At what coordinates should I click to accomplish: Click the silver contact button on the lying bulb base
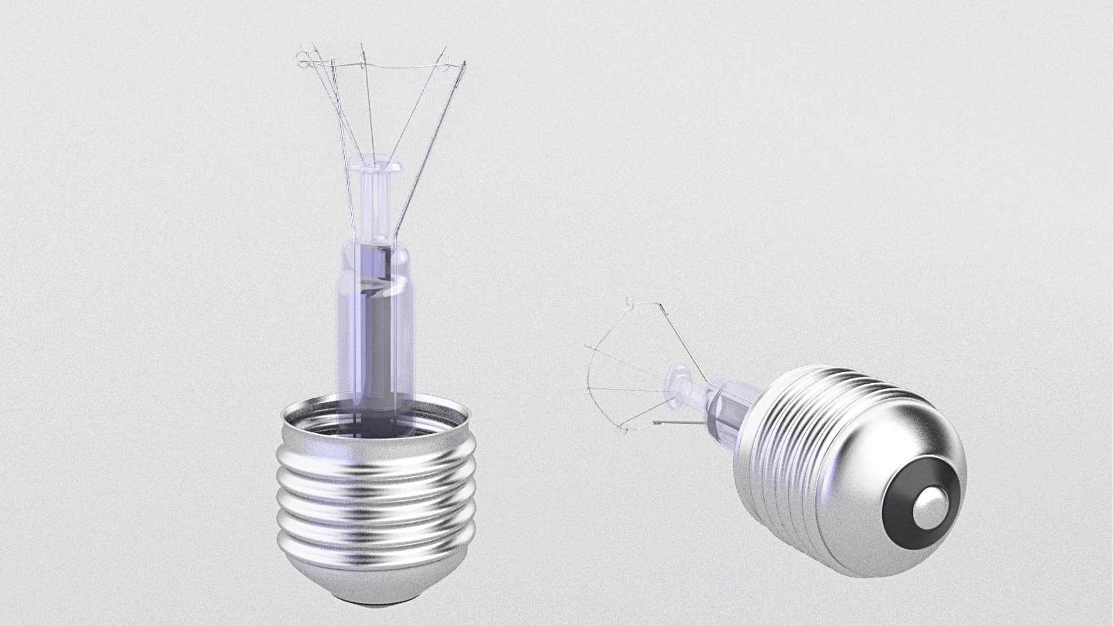tap(926, 512)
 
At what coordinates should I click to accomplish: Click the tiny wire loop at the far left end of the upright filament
tap(300, 57)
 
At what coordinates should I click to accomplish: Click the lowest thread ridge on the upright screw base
tap(377, 551)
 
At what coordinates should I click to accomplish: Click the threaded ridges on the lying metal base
tap(794, 429)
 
